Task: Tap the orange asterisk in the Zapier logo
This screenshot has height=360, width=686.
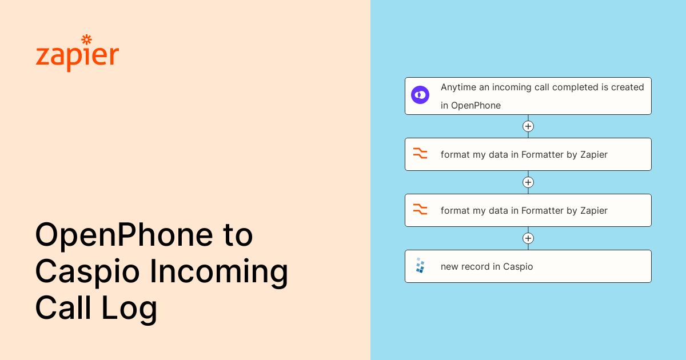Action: [87, 39]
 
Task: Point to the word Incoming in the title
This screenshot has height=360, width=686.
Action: [219, 271]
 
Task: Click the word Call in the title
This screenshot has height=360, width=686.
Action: [63, 308]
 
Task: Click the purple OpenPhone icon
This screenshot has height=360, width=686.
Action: [420, 95]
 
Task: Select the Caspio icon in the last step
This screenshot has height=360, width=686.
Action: [420, 266]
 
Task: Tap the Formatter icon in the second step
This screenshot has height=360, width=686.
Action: [420, 154]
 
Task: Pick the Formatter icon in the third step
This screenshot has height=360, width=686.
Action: [420, 210]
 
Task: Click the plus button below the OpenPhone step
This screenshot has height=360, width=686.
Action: [528, 126]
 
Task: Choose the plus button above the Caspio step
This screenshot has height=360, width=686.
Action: [528, 238]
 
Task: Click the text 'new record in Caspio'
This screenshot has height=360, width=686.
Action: [486, 266]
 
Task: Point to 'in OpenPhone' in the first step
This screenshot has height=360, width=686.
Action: [470, 105]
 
